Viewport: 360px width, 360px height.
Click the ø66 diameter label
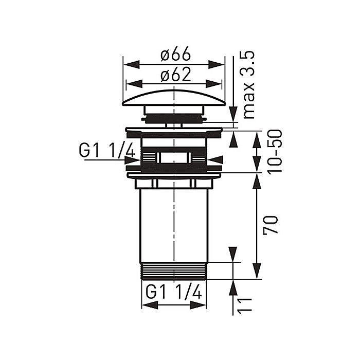(x=176, y=53)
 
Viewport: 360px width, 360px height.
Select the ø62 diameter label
(x=176, y=74)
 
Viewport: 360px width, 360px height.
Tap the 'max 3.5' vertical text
(x=247, y=85)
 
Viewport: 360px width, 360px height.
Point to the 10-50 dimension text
(x=275, y=152)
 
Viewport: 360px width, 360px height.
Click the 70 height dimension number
(x=271, y=225)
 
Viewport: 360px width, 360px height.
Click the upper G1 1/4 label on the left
(x=106, y=150)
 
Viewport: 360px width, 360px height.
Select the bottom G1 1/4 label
(x=174, y=292)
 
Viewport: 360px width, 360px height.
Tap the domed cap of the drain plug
(x=174, y=98)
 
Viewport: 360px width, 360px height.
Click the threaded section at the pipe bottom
(x=174, y=271)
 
